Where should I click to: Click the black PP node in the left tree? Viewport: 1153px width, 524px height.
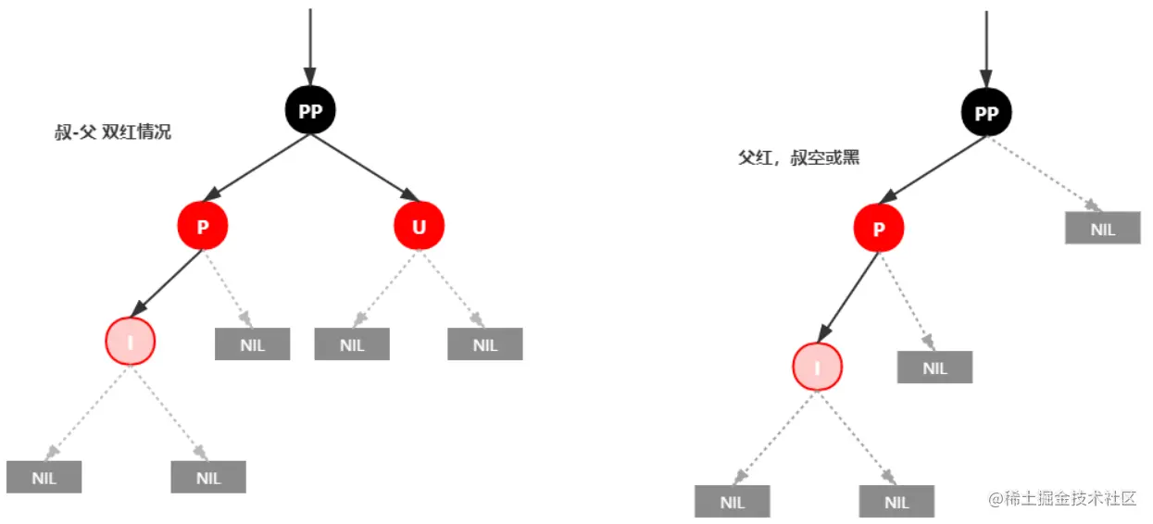pyautogui.click(x=310, y=110)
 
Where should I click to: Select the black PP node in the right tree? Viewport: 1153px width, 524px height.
pyautogui.click(x=986, y=112)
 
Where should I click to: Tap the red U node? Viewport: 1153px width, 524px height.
pyautogui.click(x=419, y=226)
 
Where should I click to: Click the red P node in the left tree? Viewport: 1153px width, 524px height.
pyautogui.click(x=203, y=226)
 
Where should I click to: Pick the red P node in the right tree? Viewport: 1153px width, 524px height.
pyautogui.click(x=879, y=228)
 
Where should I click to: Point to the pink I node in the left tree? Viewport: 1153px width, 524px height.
pyautogui.click(x=131, y=342)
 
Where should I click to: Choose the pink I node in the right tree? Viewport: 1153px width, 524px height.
pyautogui.click(x=818, y=367)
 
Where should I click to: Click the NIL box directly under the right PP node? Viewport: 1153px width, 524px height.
pyautogui.click(x=1103, y=228)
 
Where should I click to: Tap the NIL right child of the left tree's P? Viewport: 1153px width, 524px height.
pyautogui.click(x=252, y=343)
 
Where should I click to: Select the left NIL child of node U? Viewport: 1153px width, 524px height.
pyautogui.click(x=352, y=343)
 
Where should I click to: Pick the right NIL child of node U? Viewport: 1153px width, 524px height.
pyautogui.click(x=485, y=343)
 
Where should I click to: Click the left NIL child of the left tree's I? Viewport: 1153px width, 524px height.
pyautogui.click(x=44, y=477)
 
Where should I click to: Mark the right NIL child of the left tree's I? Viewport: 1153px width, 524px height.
pyautogui.click(x=208, y=477)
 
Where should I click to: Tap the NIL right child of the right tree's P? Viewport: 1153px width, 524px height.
pyautogui.click(x=934, y=367)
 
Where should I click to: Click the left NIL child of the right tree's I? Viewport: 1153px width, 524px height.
pyautogui.click(x=733, y=501)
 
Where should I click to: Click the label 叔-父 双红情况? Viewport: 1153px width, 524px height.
pyautogui.click(x=113, y=132)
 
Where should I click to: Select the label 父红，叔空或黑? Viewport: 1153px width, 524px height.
pyautogui.click(x=799, y=157)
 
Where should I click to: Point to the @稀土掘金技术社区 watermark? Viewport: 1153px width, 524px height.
pyautogui.click(x=1062, y=498)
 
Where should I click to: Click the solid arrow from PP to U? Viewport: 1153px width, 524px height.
pyautogui.click(x=365, y=168)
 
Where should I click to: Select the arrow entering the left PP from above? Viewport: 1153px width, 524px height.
pyautogui.click(x=310, y=47)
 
